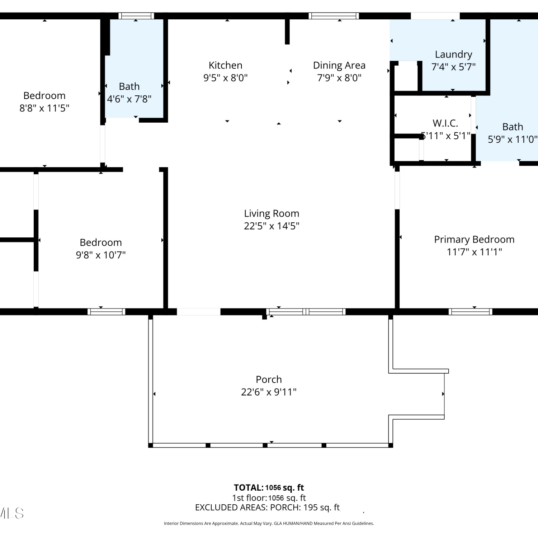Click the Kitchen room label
click(x=226, y=65)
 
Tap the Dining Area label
click(x=339, y=66)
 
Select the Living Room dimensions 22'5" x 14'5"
click(x=272, y=226)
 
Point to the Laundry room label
click(x=453, y=55)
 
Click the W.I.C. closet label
click(x=445, y=123)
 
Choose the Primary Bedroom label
click(x=474, y=240)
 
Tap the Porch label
click(x=269, y=379)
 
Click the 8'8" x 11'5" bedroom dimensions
click(x=44, y=108)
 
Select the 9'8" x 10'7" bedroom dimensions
click(x=101, y=255)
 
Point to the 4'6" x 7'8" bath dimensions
click(x=129, y=99)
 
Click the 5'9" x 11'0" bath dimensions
click(x=513, y=139)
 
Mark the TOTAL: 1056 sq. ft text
click(x=269, y=488)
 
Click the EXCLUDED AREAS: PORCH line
click(x=267, y=508)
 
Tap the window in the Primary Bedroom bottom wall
click(x=470, y=312)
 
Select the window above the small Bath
click(x=136, y=16)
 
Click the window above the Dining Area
click(x=334, y=16)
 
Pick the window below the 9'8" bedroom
click(x=107, y=312)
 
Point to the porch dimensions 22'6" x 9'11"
click(x=269, y=392)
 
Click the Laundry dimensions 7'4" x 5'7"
click(x=453, y=67)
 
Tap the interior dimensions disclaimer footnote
click(x=269, y=524)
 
